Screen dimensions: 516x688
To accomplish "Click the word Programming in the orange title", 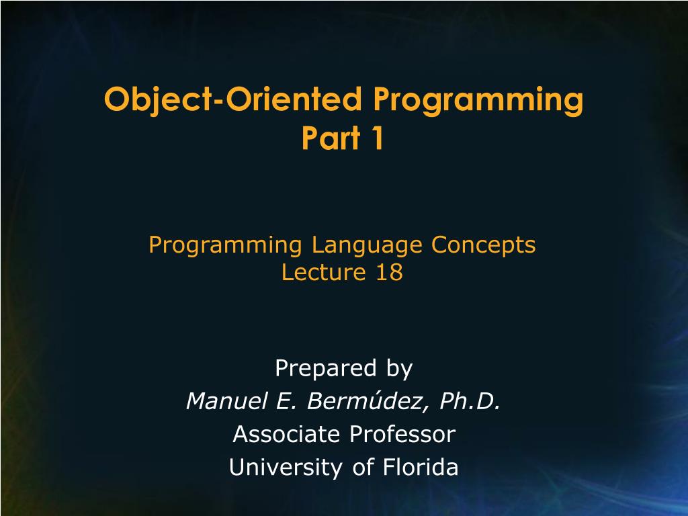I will pyautogui.click(x=478, y=101).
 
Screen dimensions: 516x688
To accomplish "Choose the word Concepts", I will pyautogui.click(x=483, y=246).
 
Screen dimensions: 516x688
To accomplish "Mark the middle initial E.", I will pyautogui.click(x=282, y=401).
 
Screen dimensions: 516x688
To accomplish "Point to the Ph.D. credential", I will pyautogui.click(x=470, y=401).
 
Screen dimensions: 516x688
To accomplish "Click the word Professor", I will pyautogui.click(x=401, y=434).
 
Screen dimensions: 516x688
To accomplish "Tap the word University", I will pyautogui.click(x=287, y=467).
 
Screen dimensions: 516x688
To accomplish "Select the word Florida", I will pyautogui.click(x=421, y=467).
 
